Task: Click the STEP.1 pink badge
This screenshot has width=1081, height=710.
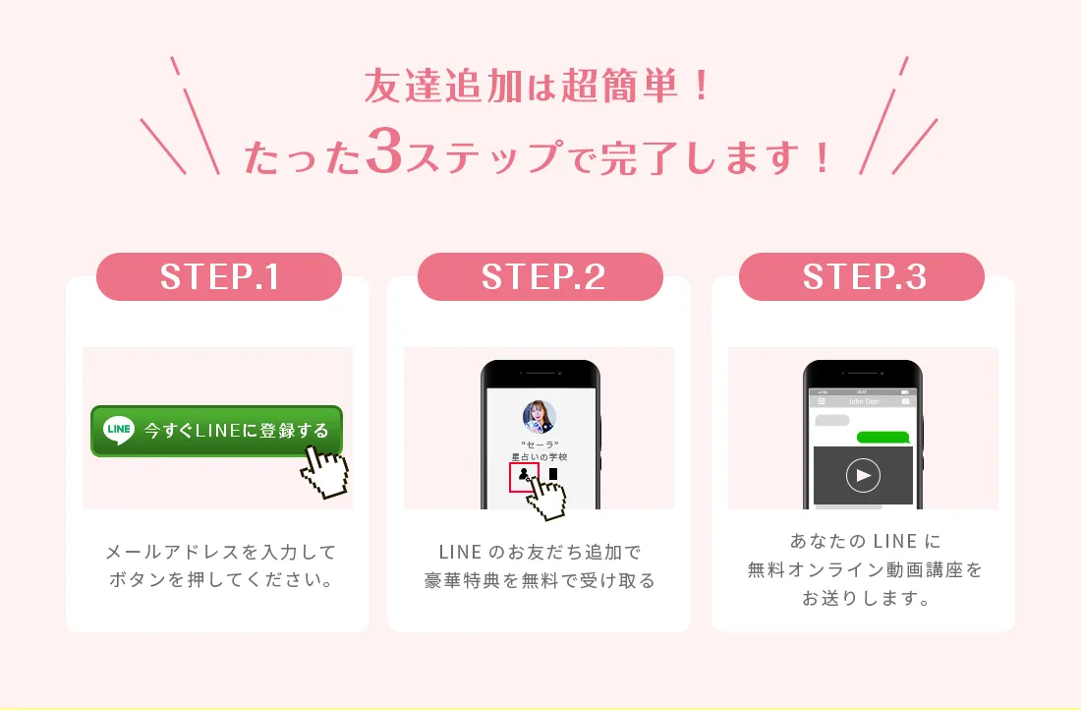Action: coord(219,276)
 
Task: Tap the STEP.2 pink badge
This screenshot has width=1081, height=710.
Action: coord(540,276)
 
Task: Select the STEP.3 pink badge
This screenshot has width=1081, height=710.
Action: coord(862,276)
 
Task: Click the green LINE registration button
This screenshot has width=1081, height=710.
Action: coord(216,431)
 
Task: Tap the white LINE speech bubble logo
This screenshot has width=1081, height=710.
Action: coord(119,430)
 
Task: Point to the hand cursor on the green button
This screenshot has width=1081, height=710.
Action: coord(324,472)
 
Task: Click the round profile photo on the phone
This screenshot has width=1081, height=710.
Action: coord(540,417)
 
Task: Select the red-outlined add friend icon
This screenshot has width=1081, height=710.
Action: coord(524,477)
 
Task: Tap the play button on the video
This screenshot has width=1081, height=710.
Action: coord(863,475)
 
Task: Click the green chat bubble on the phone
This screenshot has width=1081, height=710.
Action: coord(883,438)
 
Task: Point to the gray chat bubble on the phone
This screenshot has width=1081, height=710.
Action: coord(832,420)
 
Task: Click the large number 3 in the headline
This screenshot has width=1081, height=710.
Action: coord(384,149)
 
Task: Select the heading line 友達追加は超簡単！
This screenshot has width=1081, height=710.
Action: coord(537,87)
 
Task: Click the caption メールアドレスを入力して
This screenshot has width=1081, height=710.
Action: coord(220,552)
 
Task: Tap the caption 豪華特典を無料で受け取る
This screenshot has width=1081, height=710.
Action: coord(540,581)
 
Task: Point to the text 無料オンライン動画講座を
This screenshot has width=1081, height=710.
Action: coord(865,570)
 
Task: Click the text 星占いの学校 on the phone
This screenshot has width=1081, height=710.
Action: coord(540,456)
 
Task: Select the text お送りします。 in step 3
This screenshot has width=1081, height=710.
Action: coord(866,598)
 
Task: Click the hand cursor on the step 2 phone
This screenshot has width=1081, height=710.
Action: coord(546,496)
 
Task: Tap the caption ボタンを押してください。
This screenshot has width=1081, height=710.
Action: coord(220,579)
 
